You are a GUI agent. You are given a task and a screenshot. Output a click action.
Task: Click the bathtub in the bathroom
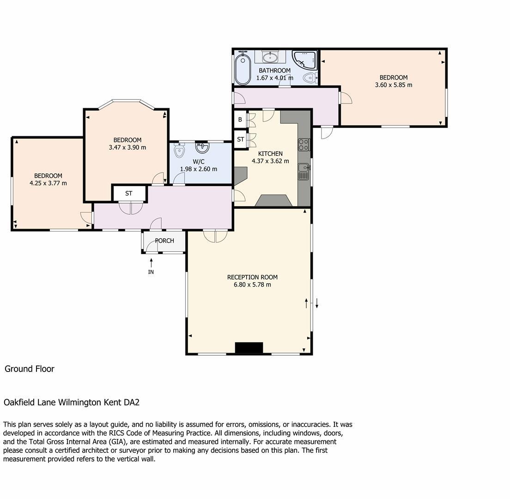[243, 69]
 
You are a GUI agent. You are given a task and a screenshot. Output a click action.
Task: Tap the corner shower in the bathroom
[304, 61]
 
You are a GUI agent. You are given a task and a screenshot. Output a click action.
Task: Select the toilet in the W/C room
[180, 150]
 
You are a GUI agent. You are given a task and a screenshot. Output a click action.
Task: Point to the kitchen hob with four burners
[304, 145]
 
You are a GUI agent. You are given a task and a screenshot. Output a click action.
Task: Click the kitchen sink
[304, 171]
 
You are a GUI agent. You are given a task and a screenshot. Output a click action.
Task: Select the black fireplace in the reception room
[249, 348]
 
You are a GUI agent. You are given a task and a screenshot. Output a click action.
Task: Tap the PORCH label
[164, 241]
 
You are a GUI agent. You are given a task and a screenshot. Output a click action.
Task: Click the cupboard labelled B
[240, 120]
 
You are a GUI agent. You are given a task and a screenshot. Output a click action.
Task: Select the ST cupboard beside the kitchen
[240, 140]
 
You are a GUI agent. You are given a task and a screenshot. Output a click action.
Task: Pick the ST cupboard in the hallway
[129, 194]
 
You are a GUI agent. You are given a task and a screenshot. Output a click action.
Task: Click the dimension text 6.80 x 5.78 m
[252, 285]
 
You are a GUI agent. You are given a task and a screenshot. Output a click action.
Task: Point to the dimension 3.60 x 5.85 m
[394, 85]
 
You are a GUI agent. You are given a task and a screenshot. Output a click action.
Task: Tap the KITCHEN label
[270, 153]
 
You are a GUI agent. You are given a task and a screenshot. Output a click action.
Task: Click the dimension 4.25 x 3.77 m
[48, 183]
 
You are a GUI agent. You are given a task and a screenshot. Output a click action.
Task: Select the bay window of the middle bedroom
[126, 102]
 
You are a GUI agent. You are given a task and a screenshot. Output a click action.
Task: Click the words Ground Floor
[30, 369]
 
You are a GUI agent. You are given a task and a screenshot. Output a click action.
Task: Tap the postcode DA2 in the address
[132, 402]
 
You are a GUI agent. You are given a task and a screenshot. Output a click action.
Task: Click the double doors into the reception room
[215, 236]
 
